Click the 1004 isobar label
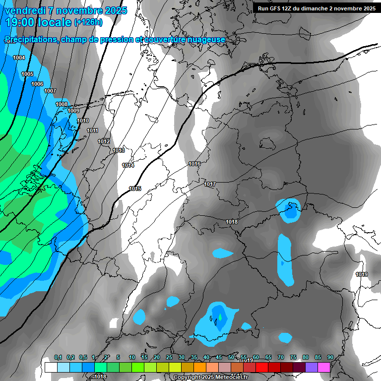pos(19,58)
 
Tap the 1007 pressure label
pos(50,91)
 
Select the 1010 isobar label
pos(83,121)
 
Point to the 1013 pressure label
pos(119,150)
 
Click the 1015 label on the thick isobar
pos(135,189)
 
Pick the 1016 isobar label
pos(194,164)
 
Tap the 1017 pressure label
pos(210,185)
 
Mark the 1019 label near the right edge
pos(362,274)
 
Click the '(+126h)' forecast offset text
pos(88,22)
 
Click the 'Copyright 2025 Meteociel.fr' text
pos(210,377)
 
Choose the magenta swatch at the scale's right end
pos(324,368)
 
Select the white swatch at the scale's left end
pos(51,368)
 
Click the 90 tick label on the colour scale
pos(330,358)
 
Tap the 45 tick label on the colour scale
pos(219,358)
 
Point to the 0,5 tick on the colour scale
pos(83,358)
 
